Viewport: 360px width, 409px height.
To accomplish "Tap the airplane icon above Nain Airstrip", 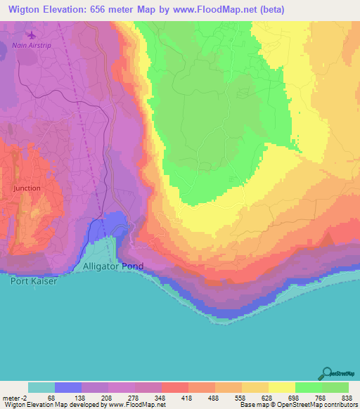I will [31, 34].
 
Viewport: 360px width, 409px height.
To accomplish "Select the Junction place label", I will [27, 188].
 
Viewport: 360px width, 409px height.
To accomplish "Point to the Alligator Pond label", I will [113, 267].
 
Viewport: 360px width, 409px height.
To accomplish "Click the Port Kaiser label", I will [31, 280].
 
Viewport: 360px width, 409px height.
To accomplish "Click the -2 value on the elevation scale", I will [19, 397].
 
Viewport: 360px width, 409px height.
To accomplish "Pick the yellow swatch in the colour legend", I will [281, 387].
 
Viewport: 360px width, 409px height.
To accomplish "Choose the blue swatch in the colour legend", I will [68, 387].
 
